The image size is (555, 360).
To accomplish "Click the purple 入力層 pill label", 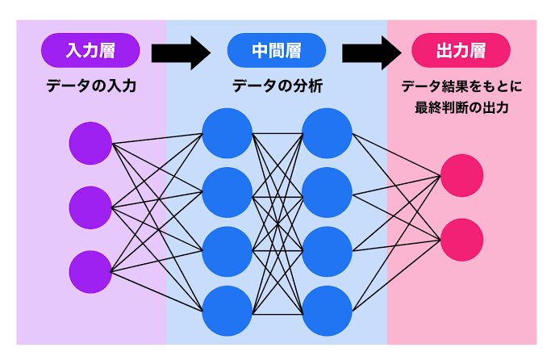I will click(x=90, y=50).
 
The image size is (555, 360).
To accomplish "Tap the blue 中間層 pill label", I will click(x=276, y=50).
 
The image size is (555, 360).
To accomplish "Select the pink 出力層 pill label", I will click(x=461, y=50).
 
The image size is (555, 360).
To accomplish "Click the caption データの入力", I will click(x=90, y=86).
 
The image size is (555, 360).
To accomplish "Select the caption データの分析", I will click(x=277, y=86).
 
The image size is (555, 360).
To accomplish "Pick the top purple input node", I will click(x=90, y=144).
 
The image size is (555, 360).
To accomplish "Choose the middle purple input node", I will click(x=90, y=208).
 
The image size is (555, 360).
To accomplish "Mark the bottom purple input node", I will click(x=90, y=272).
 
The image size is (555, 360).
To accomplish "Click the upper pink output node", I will click(x=461, y=175).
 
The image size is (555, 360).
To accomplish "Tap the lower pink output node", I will click(x=461, y=240).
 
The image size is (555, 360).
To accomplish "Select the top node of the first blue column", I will click(x=227, y=133).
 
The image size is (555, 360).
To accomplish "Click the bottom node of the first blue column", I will click(x=227, y=311).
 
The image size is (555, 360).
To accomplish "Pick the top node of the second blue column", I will click(x=327, y=133).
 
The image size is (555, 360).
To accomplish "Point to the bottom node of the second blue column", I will click(x=327, y=311).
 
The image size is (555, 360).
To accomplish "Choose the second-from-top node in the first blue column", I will click(x=227, y=192).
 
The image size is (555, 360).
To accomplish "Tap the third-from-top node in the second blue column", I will click(x=327, y=252).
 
